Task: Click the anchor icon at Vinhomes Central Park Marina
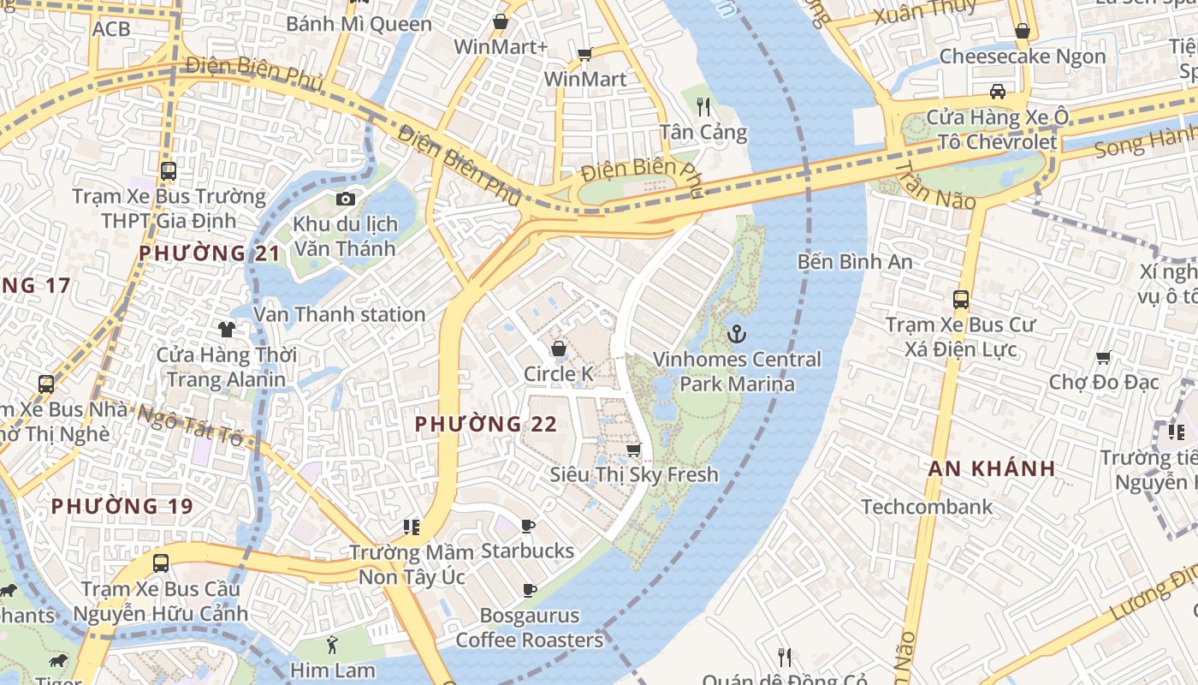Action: tap(735, 333)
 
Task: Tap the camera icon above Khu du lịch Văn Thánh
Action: tap(345, 200)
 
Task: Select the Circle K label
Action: tap(558, 374)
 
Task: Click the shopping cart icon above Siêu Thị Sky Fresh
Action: tap(633, 450)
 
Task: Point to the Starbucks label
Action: tap(527, 551)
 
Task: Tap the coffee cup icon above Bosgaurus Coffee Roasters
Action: tap(529, 589)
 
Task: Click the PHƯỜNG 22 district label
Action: tap(485, 424)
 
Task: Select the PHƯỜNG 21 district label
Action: tap(210, 253)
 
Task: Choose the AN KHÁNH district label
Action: tap(992, 468)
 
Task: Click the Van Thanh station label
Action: tap(339, 314)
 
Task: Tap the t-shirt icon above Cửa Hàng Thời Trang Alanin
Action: tap(226, 329)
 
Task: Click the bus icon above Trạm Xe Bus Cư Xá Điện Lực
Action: tap(961, 300)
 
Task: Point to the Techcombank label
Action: tap(927, 506)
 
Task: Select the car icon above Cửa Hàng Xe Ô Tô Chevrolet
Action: tap(997, 91)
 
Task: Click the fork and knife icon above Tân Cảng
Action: tap(703, 106)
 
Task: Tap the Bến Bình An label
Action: tap(854, 261)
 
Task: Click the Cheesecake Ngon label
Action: tap(1022, 57)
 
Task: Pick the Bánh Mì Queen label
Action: tap(359, 23)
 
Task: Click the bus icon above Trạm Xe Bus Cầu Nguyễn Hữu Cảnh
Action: tap(160, 563)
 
